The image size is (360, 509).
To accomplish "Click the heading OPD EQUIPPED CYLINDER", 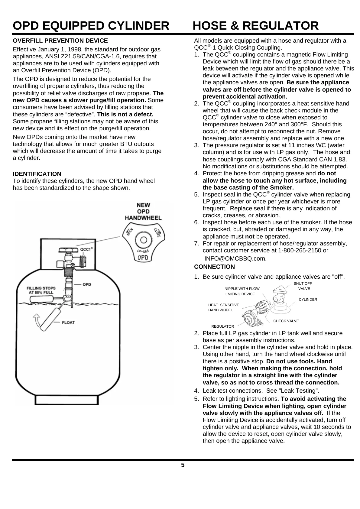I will tap(91, 26).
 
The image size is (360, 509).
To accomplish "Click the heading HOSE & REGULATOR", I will tap(255, 26).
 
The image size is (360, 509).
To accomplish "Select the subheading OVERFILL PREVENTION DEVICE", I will tap(60, 41).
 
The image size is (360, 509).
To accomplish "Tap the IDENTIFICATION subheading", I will tap(37, 174).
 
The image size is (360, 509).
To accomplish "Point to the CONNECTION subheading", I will tap(214, 267).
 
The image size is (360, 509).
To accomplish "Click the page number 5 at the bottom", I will tap(183, 465).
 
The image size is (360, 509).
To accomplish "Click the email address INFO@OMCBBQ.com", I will tap(235, 258).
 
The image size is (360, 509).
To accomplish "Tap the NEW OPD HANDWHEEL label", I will tap(143, 211).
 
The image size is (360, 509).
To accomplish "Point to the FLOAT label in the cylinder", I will tap(68, 322).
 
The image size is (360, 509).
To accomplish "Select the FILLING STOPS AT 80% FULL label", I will tap(41, 290).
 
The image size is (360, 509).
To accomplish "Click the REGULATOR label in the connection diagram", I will tap(222, 326).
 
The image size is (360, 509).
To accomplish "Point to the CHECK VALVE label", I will tap(286, 321).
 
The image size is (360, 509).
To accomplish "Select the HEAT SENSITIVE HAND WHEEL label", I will tap(223, 307).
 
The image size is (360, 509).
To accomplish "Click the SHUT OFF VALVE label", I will tap(303, 286).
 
